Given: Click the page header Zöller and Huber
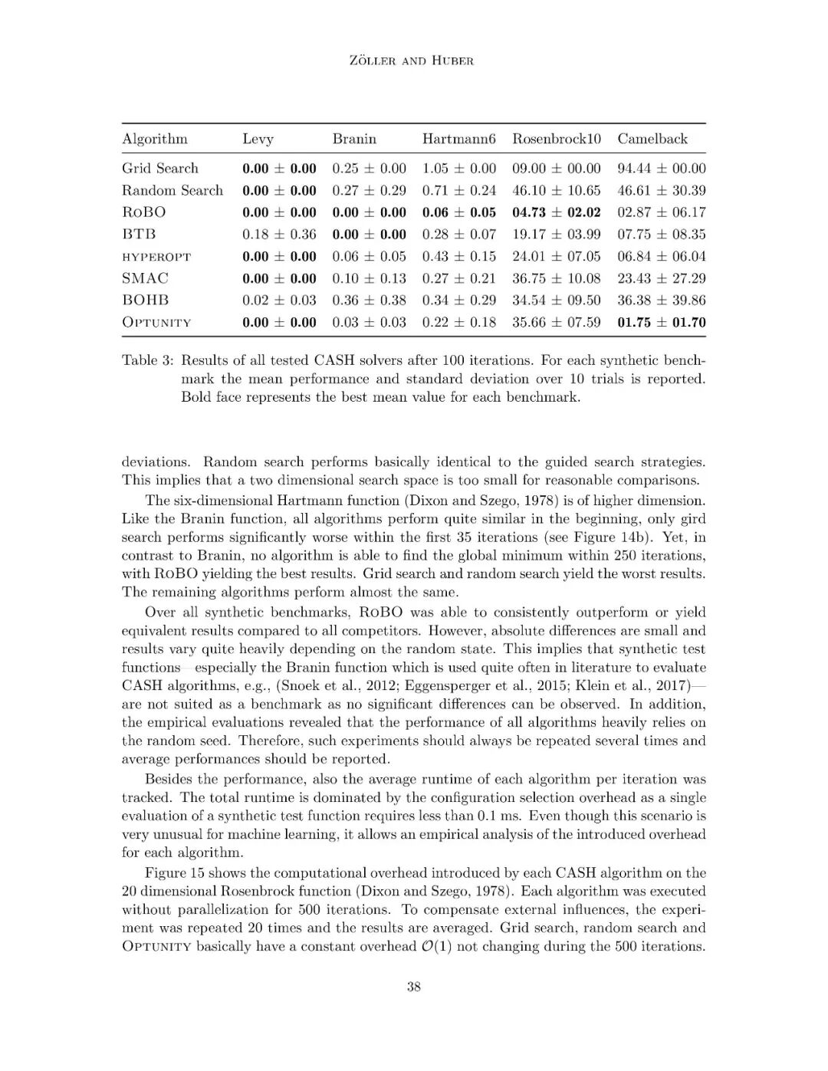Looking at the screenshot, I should tap(412, 61).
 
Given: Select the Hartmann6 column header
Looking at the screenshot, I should tap(458, 139).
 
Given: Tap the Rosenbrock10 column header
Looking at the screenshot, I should tap(557, 139).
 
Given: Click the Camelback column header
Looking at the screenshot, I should tap(652, 139).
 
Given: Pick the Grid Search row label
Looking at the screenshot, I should tap(159, 168).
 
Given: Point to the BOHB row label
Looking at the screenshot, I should tap(145, 300).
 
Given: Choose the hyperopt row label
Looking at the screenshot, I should tap(156, 257).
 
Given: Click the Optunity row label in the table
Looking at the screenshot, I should tap(156, 322).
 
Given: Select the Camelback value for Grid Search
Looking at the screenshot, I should tap(661, 168).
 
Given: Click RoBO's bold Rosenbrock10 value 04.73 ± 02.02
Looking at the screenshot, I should tap(556, 212).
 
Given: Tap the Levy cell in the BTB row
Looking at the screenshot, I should tap(279, 235).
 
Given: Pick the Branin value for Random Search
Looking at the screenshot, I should tap(369, 190).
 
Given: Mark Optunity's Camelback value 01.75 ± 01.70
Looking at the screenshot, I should tap(661, 322).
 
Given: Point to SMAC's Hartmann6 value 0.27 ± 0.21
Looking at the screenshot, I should tap(458, 278).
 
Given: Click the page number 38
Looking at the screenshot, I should tap(413, 987).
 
